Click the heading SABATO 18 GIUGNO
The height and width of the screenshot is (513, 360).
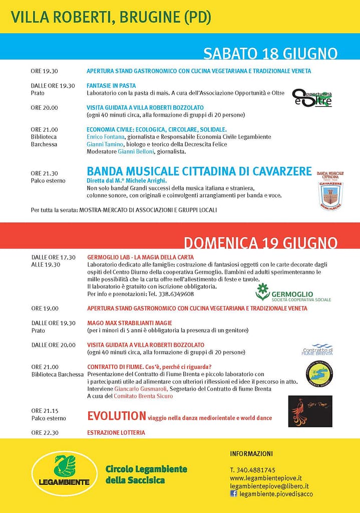point(270,54)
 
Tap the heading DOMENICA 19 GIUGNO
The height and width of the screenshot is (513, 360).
point(260,243)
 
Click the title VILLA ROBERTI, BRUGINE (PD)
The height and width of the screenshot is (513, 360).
point(111,18)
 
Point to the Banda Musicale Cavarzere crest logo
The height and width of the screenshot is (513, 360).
point(330,190)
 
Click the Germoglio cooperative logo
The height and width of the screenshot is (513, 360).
point(285,293)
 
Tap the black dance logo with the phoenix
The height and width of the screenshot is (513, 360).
point(310,411)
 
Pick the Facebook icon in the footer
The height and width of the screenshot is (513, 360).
point(233,493)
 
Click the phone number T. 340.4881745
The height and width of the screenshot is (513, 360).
point(252,470)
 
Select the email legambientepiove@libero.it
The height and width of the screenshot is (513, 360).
point(269,486)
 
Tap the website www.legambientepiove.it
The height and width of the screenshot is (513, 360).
point(265,478)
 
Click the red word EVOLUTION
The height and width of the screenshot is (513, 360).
point(116,416)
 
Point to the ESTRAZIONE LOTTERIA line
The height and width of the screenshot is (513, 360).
point(116,432)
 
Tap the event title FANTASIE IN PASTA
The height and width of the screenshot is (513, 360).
point(111,86)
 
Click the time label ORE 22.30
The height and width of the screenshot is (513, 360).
point(45,432)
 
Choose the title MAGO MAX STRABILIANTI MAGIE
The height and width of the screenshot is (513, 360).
point(123,323)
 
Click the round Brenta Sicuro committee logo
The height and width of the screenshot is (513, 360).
point(319,374)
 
